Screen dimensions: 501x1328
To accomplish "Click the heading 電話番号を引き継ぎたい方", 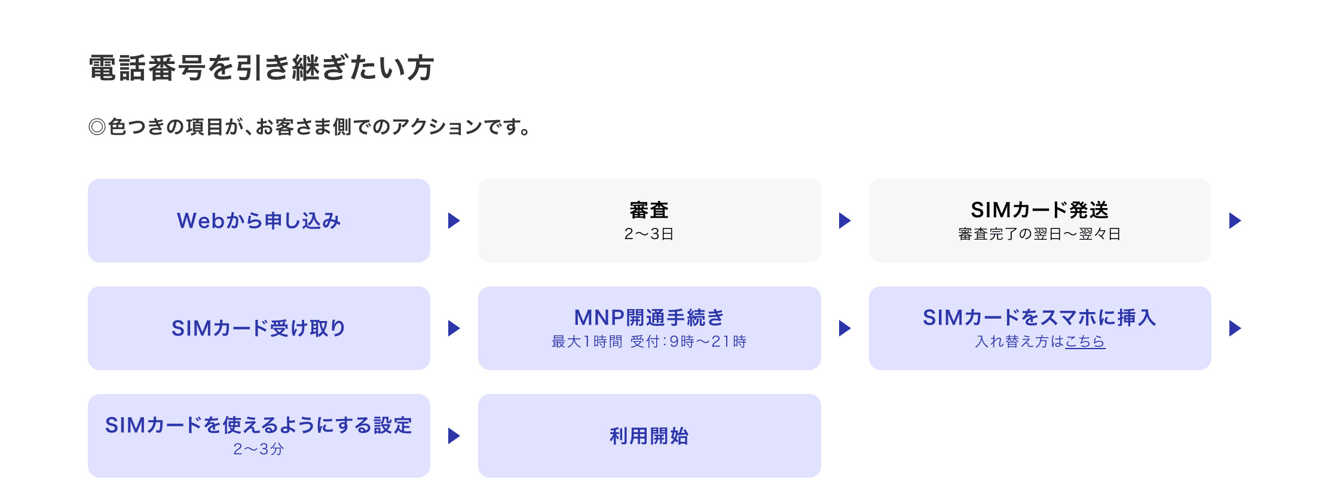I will click(261, 68).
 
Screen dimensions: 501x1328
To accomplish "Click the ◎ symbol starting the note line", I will click(97, 127).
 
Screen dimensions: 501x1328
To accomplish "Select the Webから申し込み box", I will click(259, 221).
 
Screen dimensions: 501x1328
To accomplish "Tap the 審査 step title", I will click(649, 210).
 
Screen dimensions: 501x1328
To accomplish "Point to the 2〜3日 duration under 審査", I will click(649, 234).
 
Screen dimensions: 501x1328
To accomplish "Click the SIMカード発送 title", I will click(1039, 210).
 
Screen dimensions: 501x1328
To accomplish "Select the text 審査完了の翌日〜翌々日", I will click(1039, 234).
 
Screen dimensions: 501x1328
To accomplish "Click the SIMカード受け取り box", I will click(259, 328).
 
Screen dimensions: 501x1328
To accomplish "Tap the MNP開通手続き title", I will click(649, 317).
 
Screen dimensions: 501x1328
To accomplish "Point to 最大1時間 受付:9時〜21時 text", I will click(649, 342).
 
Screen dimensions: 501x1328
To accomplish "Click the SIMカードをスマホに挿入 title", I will click(1039, 317).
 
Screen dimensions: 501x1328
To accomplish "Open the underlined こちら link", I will click(1085, 342).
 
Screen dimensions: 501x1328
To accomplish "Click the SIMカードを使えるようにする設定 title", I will click(259, 425).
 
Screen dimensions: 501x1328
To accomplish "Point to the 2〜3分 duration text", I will click(259, 450).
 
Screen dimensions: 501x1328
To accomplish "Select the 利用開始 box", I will click(649, 436).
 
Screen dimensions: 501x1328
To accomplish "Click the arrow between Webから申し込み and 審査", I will click(454, 221).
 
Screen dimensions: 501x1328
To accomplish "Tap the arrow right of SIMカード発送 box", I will click(1235, 221).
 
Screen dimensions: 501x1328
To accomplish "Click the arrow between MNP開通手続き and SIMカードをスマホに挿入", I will click(844, 328).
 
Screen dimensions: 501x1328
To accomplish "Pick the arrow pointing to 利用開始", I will click(454, 436).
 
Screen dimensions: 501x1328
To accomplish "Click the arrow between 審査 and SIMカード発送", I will click(844, 221).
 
